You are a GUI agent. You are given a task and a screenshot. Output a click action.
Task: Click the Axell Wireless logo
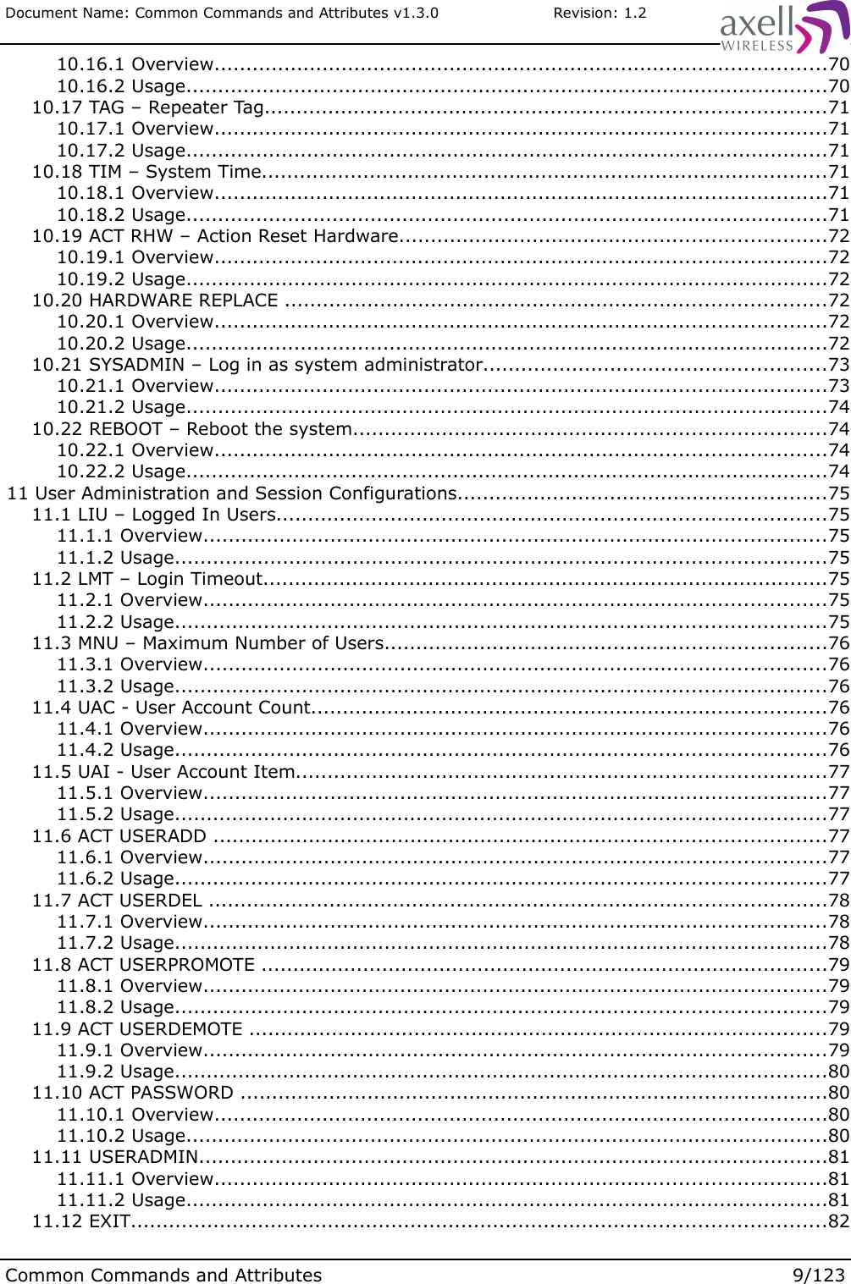782,28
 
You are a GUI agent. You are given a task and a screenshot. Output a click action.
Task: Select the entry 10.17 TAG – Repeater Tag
148,107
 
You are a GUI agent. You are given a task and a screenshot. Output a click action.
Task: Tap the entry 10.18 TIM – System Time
146,172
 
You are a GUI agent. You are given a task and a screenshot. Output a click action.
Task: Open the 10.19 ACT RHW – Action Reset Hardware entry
215,236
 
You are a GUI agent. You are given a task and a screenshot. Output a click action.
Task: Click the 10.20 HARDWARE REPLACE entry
155,300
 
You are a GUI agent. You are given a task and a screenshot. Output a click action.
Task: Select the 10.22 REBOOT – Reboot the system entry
191,429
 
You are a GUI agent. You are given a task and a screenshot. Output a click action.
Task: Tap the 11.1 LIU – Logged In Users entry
154,515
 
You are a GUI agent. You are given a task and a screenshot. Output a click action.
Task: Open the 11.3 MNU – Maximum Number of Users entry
207,643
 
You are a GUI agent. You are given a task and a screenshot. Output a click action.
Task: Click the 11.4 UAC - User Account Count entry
172,708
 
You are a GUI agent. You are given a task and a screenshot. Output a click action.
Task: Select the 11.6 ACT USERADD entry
119,836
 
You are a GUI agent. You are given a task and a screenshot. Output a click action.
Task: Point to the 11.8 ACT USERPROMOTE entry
143,965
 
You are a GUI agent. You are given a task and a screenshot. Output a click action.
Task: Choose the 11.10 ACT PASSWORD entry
133,1093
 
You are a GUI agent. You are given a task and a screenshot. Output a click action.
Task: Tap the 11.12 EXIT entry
81,1221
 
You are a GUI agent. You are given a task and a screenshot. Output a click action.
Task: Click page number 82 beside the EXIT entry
838,1221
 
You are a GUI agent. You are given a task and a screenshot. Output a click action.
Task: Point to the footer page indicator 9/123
818,1275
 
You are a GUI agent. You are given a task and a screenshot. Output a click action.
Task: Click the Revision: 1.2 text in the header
600,13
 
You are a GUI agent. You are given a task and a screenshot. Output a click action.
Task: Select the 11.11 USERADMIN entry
115,1157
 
